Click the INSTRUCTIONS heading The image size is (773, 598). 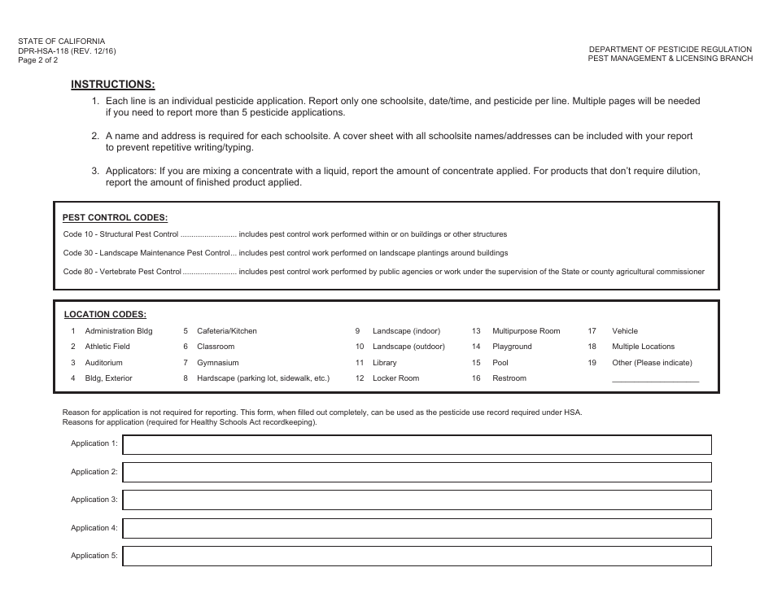(x=112, y=84)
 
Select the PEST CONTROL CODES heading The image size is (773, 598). (x=115, y=217)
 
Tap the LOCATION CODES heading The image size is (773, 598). (x=105, y=314)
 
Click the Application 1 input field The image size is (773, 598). (x=417, y=444)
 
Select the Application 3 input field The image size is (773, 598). (x=417, y=500)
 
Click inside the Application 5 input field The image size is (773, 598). (x=417, y=557)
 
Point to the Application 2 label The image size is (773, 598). (x=94, y=472)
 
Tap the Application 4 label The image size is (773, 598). (x=94, y=528)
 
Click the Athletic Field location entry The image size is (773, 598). (x=107, y=347)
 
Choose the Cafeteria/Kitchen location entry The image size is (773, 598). (x=226, y=331)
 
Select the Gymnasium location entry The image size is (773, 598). (x=217, y=363)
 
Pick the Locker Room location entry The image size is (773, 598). (x=395, y=378)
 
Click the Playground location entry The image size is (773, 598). (x=512, y=347)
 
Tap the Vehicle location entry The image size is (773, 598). (x=625, y=331)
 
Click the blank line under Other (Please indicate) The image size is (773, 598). (x=655, y=380)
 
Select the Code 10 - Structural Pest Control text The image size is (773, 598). (x=120, y=234)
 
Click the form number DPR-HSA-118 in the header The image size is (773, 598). (x=67, y=50)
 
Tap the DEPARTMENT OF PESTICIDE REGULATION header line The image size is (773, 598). (x=670, y=50)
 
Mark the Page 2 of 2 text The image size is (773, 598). (x=38, y=59)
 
